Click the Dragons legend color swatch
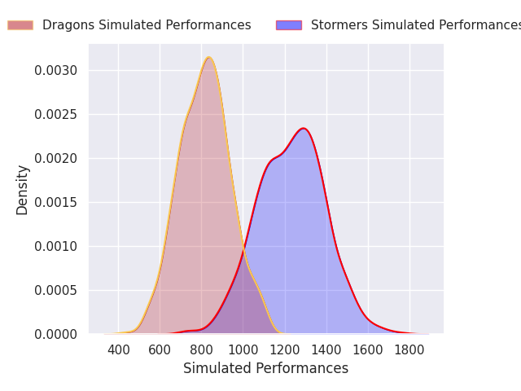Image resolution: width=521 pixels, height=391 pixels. click(x=20, y=25)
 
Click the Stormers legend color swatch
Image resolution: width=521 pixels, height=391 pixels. click(x=288, y=25)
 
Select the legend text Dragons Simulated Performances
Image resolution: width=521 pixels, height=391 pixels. click(x=147, y=25)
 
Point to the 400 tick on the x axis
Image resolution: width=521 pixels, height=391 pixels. click(x=119, y=350)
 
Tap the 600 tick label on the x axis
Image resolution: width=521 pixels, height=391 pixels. click(x=160, y=350)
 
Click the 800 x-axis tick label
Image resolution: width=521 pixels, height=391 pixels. click(x=202, y=350)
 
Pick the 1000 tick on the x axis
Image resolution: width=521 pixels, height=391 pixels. click(x=243, y=350)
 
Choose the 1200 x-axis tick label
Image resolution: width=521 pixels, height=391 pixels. click(x=285, y=350)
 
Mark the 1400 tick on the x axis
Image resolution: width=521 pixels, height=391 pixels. click(x=326, y=350)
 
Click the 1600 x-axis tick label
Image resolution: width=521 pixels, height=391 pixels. click(x=368, y=350)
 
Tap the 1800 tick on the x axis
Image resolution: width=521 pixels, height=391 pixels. click(x=409, y=350)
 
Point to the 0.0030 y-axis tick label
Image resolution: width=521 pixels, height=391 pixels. click(x=56, y=71)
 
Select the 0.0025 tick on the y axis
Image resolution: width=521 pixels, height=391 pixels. click(x=56, y=115)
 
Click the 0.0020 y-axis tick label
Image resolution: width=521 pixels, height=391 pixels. click(x=56, y=159)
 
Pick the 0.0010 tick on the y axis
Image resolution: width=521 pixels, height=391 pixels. click(x=56, y=247)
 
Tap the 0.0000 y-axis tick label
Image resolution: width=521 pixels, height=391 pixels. click(x=56, y=335)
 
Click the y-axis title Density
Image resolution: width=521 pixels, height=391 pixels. click(x=23, y=190)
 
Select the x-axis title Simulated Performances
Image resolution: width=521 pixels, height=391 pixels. click(x=265, y=369)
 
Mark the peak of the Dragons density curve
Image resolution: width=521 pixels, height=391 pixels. click(x=209, y=57)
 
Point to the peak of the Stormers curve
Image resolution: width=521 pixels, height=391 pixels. click(x=304, y=128)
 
